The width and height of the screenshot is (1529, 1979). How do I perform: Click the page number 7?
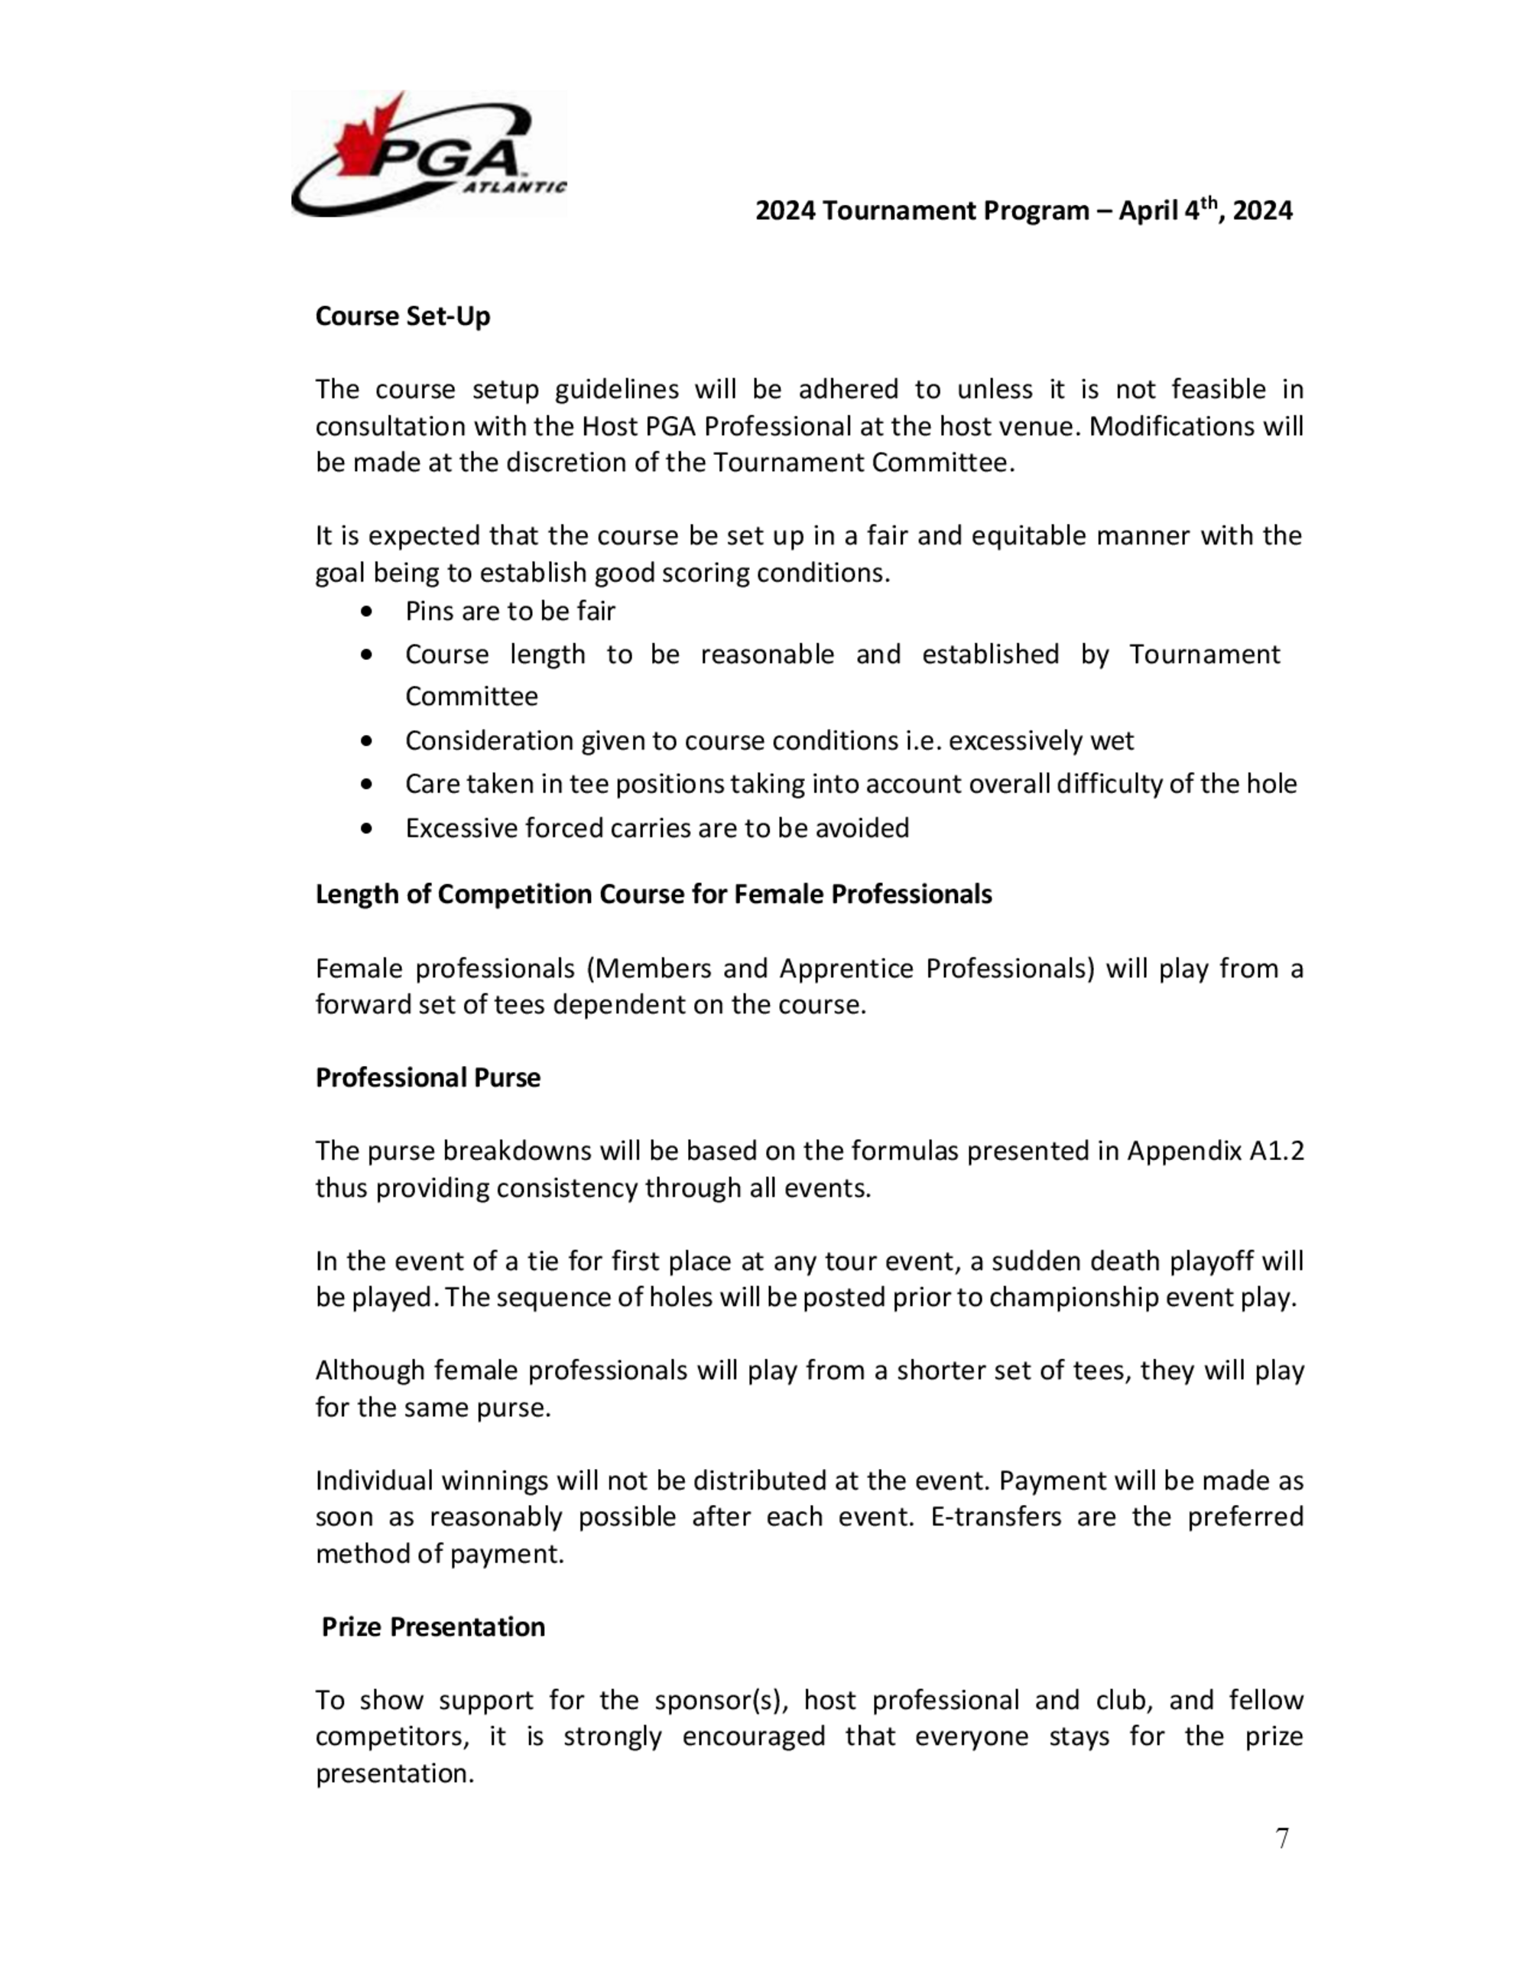(x=1282, y=1838)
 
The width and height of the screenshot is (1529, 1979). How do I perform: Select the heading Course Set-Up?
(x=402, y=317)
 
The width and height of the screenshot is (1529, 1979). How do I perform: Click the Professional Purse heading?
(x=427, y=1077)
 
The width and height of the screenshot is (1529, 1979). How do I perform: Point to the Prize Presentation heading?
(x=433, y=1626)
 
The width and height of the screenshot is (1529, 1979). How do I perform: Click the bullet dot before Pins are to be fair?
(x=366, y=613)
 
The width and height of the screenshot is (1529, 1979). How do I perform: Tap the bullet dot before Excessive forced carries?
(x=366, y=828)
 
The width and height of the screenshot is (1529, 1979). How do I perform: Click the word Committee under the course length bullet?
(x=471, y=696)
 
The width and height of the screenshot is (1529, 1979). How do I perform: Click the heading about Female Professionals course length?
(x=653, y=895)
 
